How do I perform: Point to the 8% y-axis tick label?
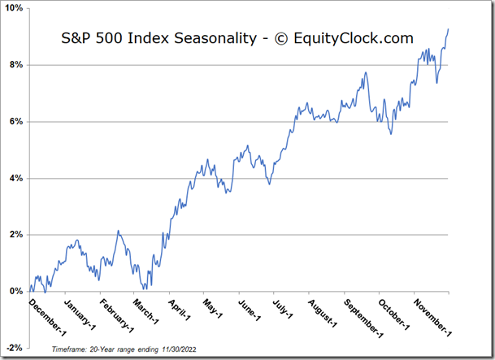pos(16,65)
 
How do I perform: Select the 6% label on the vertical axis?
pos(16,122)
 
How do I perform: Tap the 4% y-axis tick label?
pos(16,178)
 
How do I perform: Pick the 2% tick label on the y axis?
pos(16,235)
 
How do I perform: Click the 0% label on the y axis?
pos(16,291)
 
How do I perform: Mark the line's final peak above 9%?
pos(448,29)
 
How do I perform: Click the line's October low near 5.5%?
pos(391,134)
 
